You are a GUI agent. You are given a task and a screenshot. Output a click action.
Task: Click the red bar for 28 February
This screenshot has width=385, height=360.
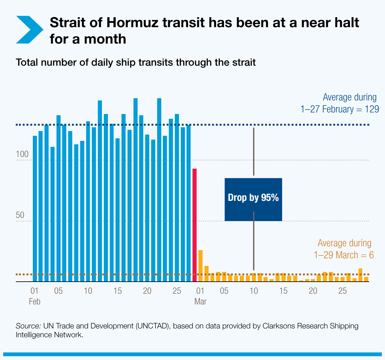point(195,225)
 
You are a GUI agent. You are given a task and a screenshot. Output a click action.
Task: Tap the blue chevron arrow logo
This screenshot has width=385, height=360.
point(29,30)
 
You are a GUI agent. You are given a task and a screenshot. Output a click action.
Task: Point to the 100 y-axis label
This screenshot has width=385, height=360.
point(22,155)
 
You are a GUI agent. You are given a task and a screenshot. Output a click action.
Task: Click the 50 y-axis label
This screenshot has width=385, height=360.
point(20,215)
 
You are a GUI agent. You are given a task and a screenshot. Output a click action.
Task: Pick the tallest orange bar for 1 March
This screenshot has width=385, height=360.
point(200,266)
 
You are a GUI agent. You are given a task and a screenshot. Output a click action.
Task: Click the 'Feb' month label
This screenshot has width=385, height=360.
point(34,302)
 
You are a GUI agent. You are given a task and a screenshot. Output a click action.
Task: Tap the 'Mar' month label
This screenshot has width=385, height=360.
point(200,302)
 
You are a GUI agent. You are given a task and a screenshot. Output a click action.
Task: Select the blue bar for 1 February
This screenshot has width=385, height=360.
point(35,208)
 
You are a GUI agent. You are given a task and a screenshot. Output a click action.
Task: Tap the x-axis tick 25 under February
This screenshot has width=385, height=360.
point(177,291)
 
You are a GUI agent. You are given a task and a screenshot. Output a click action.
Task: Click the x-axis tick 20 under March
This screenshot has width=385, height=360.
point(313,291)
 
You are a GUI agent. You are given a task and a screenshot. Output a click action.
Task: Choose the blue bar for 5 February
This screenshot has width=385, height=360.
point(58,198)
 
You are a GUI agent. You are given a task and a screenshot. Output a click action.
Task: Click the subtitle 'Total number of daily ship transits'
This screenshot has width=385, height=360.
point(135,62)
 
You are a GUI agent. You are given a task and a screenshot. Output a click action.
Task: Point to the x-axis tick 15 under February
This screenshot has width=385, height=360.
point(118,291)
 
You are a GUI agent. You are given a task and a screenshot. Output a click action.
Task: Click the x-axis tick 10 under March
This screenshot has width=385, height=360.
point(254,291)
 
